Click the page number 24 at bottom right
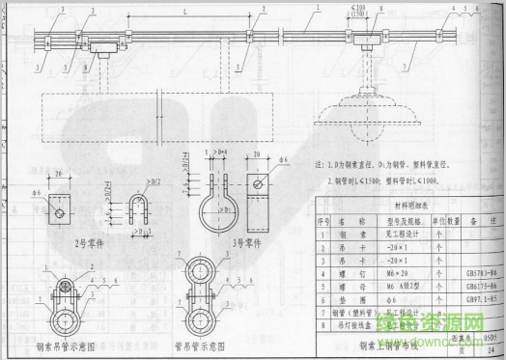coord(490,352)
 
